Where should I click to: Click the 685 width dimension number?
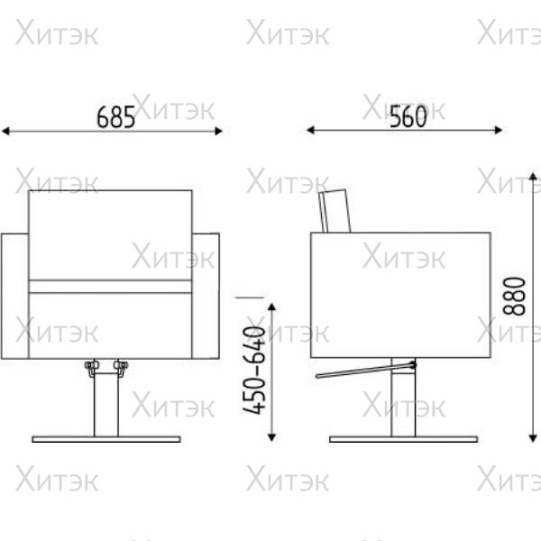(115, 117)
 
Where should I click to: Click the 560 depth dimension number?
(408, 116)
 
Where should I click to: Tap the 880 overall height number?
(514, 296)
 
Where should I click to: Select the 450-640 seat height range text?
(254, 370)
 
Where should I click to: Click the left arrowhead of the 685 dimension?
(5, 131)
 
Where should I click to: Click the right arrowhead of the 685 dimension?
(218, 131)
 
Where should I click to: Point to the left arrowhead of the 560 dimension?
(310, 130)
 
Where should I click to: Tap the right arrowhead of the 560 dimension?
(499, 130)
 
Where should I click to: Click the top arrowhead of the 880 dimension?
(533, 177)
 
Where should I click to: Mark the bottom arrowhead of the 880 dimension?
(533, 438)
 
